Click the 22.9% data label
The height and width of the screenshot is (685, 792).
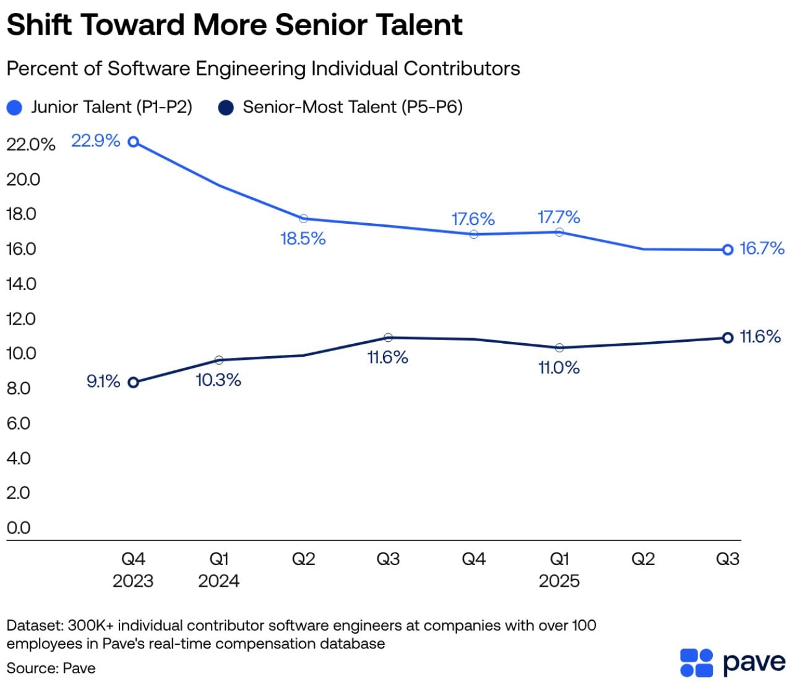tap(95, 141)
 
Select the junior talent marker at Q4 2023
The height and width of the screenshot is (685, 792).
tap(133, 142)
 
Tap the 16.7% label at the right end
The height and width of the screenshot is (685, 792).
tap(762, 249)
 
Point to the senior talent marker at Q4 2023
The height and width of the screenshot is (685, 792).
tap(133, 383)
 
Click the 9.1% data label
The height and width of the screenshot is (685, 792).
tap(103, 381)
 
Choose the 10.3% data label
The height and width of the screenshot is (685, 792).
tap(218, 380)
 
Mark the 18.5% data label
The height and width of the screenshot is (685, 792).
tap(303, 239)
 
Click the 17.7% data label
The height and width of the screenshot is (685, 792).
tap(559, 218)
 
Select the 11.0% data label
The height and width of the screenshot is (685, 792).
tap(559, 368)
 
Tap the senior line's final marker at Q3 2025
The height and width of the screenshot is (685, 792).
tap(728, 338)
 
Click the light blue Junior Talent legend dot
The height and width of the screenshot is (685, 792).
tap(15, 108)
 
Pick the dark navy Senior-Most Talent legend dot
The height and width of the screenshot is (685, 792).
tap(226, 108)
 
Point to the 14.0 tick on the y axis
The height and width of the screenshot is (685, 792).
tap(22, 284)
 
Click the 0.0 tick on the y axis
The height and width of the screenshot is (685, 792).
tap(19, 528)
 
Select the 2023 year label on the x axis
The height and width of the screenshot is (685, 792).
tap(133, 581)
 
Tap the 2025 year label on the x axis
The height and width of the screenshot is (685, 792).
tap(559, 581)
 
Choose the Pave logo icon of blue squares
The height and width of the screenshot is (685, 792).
tap(696, 663)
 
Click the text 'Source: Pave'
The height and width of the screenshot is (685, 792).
tap(51, 668)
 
